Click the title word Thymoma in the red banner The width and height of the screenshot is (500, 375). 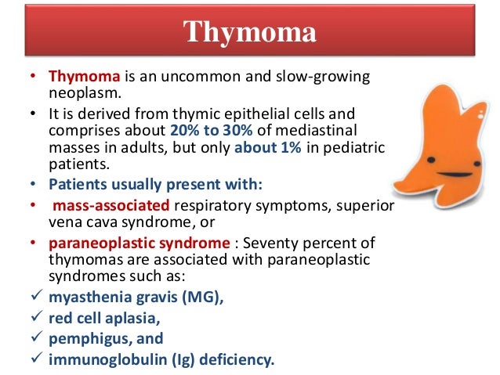pos(250,34)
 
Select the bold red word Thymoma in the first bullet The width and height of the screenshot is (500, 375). pos(83,78)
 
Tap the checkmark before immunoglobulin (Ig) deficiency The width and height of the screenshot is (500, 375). pos(26,360)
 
